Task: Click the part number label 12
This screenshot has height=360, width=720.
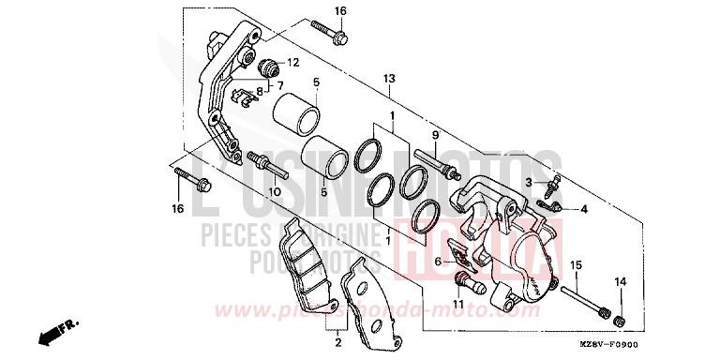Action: coord(292,63)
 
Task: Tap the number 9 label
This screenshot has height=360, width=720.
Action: coord(436,135)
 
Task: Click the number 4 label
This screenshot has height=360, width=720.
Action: coord(584,209)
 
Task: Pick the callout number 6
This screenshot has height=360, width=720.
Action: coord(437,248)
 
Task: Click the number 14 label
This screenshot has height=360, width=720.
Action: coord(618,282)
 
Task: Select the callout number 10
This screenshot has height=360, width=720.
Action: coord(275,191)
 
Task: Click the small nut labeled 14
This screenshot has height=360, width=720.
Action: coord(619,322)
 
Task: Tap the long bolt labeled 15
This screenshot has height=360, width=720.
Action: coord(590,300)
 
